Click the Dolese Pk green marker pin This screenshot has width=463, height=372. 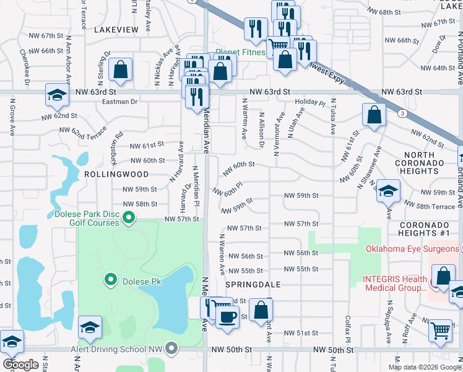(x=111, y=280)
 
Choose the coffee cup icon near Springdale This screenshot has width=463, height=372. (x=228, y=317)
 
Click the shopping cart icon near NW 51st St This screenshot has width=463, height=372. (x=441, y=330)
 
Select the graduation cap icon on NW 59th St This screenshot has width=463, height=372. (x=388, y=191)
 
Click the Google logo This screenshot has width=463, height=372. (x=20, y=365)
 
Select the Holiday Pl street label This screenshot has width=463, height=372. (x=309, y=102)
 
